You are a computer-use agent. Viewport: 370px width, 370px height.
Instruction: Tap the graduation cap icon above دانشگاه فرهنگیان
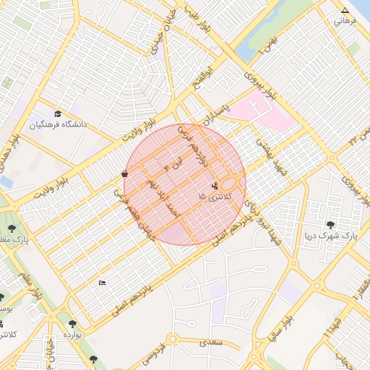(58, 113)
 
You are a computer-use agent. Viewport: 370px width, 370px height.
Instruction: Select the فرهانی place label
(345, 21)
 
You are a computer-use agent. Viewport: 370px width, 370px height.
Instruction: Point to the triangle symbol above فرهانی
(345, 11)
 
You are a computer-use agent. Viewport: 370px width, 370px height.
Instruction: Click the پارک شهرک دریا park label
(331, 236)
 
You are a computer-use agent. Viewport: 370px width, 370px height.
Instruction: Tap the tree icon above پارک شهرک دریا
(331, 225)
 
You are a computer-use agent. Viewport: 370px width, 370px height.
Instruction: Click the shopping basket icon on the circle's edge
(125, 173)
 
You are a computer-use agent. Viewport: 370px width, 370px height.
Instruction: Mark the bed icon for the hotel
(101, 283)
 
